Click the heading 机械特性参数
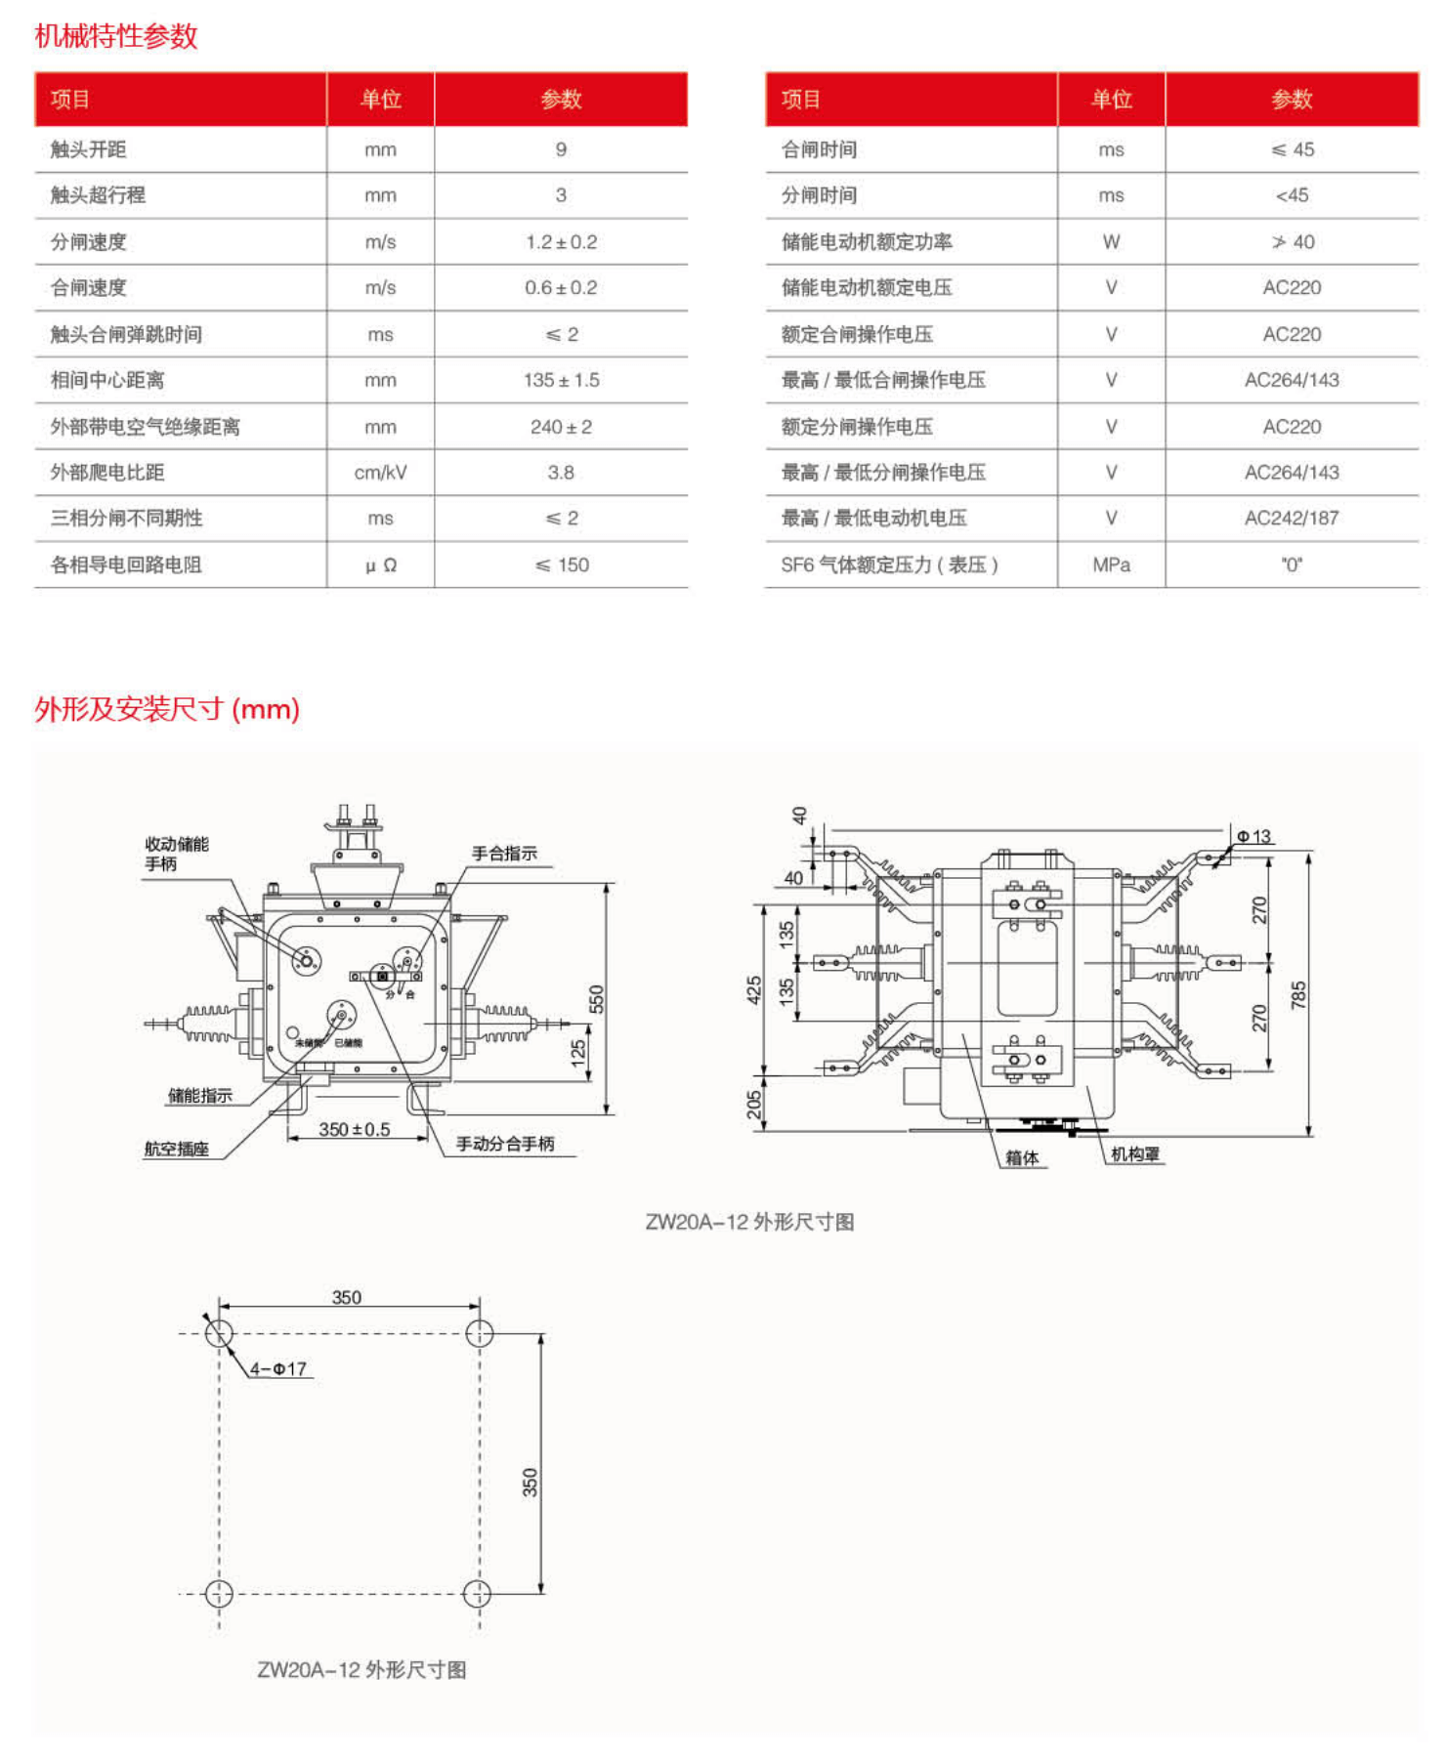(116, 36)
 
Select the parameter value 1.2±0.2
(561, 242)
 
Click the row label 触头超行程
(98, 195)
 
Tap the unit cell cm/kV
(380, 473)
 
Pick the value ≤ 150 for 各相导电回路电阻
(562, 565)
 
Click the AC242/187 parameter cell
(1291, 519)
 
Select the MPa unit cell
(1111, 565)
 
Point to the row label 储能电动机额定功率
(866, 242)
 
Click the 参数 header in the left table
(561, 100)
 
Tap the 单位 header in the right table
(1111, 100)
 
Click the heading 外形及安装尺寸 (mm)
(167, 709)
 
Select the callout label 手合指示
(504, 854)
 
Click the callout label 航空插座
(177, 1150)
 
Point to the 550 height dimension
(596, 999)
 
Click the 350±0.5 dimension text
(354, 1129)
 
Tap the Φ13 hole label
(1253, 837)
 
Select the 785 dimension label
(1297, 995)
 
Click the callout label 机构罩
(1134, 1154)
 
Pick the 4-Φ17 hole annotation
(278, 1369)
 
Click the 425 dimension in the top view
(753, 989)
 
